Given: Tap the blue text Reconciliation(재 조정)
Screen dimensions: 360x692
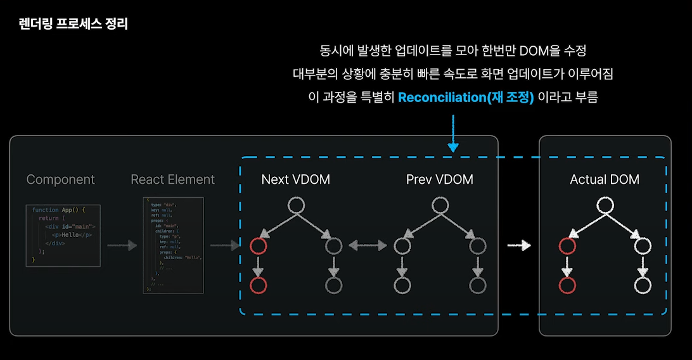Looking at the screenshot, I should (x=466, y=98).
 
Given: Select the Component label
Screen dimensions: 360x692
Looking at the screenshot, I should (x=61, y=179).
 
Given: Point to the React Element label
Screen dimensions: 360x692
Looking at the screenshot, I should (x=172, y=179).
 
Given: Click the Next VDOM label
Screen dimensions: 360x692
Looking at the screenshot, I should (x=295, y=179).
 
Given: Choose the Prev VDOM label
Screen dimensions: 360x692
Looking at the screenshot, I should (x=440, y=179).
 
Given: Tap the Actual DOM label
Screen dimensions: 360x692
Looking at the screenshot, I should (x=605, y=179).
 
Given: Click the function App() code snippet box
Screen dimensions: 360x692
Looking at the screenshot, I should (x=63, y=235).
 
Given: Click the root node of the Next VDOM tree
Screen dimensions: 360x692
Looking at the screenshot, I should (x=296, y=205).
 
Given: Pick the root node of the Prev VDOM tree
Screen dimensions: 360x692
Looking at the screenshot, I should (x=440, y=205).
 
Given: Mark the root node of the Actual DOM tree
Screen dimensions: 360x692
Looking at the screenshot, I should (x=605, y=205).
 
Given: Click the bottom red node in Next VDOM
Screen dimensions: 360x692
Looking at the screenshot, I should (x=257, y=286).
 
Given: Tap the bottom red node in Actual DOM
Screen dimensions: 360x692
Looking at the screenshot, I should (x=567, y=286).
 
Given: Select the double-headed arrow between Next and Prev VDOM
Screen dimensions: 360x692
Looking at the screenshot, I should (x=368, y=245).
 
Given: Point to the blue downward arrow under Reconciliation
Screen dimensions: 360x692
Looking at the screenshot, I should (x=453, y=133).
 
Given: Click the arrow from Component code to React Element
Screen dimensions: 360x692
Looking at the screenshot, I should (x=122, y=245).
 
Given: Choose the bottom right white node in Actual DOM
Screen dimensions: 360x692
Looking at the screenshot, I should (x=643, y=286).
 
